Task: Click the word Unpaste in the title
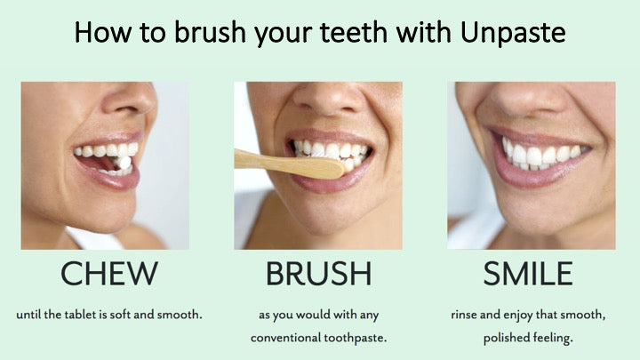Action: coord(513,32)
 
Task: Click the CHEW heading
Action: coord(109,274)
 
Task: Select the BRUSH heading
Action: coord(319,274)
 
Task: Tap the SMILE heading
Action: coord(528,274)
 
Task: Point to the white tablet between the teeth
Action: coord(123,163)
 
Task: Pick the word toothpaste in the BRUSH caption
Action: coord(355,338)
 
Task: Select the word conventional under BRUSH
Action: coord(285,338)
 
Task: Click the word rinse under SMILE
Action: coord(464,315)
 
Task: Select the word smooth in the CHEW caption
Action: coord(180,315)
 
